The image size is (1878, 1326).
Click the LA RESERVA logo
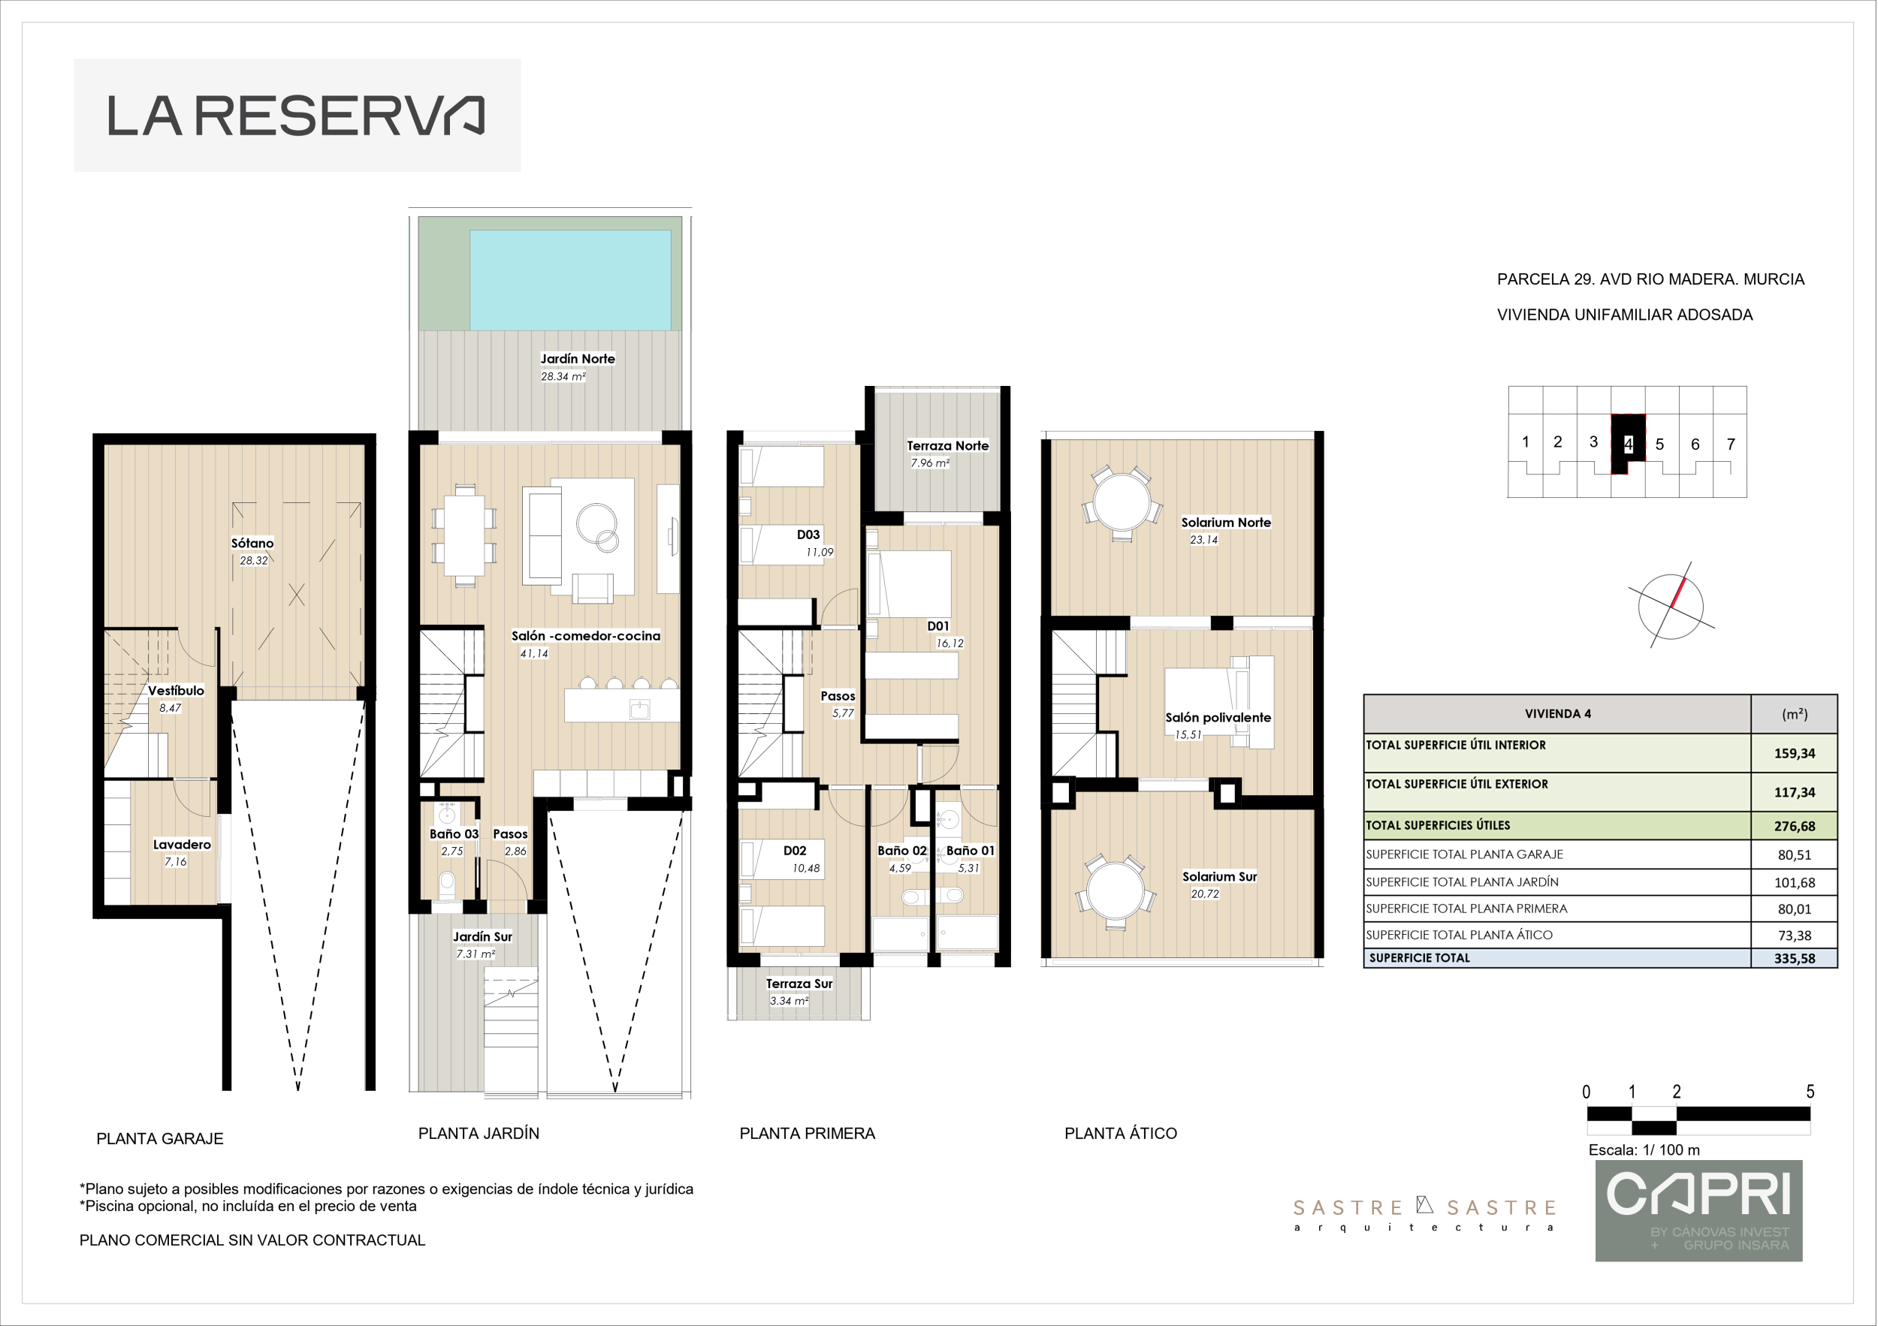[x=296, y=116]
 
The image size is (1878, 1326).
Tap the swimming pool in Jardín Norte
[x=570, y=279]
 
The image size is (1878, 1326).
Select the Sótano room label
[x=252, y=543]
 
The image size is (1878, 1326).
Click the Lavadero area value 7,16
[x=175, y=862]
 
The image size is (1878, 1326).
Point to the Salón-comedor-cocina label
[x=586, y=636]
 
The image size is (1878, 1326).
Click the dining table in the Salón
[x=464, y=535]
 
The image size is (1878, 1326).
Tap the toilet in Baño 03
[x=447, y=884]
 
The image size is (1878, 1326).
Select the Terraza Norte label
[x=947, y=445]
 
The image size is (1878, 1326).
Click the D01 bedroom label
[x=937, y=626]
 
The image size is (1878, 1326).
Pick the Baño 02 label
[x=901, y=850]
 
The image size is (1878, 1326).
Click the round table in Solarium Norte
[x=1122, y=504]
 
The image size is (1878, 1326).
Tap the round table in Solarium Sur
[x=1115, y=892]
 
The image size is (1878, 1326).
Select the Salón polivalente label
[x=1218, y=718]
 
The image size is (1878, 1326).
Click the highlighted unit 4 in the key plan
[x=1628, y=444]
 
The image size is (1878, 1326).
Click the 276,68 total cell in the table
[x=1794, y=827]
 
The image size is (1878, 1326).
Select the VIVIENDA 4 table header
[x=1557, y=714]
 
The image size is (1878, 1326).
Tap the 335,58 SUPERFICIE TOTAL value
[x=1794, y=958]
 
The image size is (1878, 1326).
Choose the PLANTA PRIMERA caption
[x=808, y=1133]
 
